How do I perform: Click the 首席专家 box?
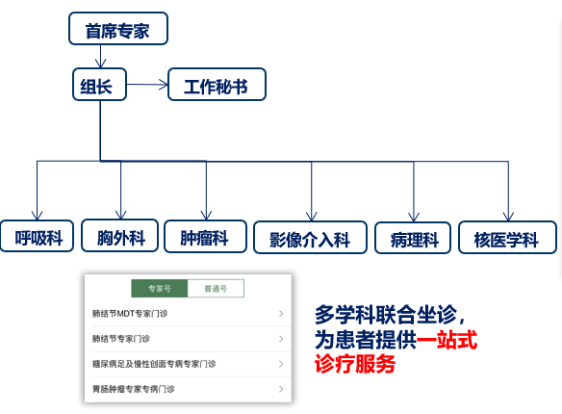pyautogui.click(x=118, y=28)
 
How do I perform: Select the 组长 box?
pyautogui.click(x=100, y=85)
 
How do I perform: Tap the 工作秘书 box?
pyautogui.click(x=217, y=85)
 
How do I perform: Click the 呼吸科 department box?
pyautogui.click(x=37, y=236)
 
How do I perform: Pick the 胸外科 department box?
pyautogui.click(x=119, y=236)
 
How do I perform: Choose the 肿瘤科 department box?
pyautogui.click(x=205, y=236)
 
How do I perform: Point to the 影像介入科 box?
pyautogui.click(x=310, y=238)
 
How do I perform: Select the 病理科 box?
pyautogui.click(x=413, y=238)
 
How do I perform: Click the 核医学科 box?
pyautogui.click(x=507, y=238)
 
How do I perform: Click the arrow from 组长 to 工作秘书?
pyautogui.click(x=147, y=85)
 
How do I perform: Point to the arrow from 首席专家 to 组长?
pyautogui.click(x=100, y=56)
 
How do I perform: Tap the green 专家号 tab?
pyautogui.click(x=160, y=289)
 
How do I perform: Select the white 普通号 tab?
pyautogui.click(x=216, y=289)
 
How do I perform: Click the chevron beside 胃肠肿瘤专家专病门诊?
pyautogui.click(x=281, y=389)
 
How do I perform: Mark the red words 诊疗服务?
pyautogui.click(x=355, y=364)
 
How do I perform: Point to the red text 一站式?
pyautogui.click(x=447, y=340)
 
